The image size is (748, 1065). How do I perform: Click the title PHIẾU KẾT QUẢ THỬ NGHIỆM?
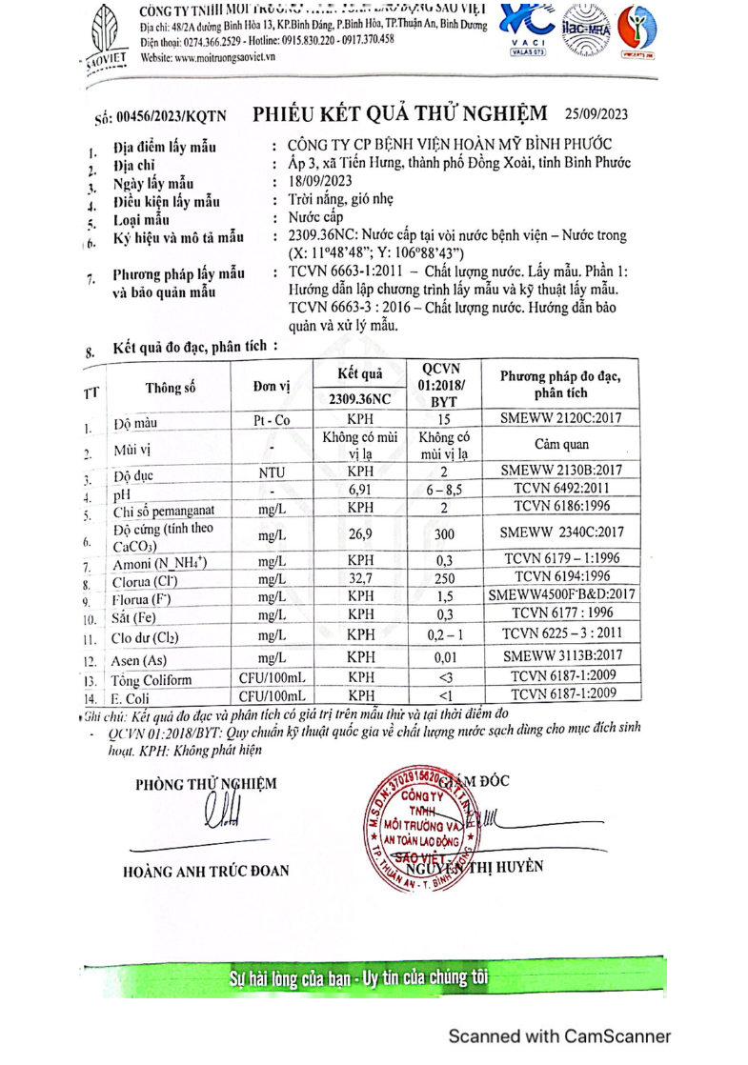coord(400,113)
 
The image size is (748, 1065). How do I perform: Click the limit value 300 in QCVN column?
coord(444,536)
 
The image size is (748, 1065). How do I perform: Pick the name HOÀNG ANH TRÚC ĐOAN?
coord(206,870)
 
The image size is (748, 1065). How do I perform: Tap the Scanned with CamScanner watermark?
coord(559,1036)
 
